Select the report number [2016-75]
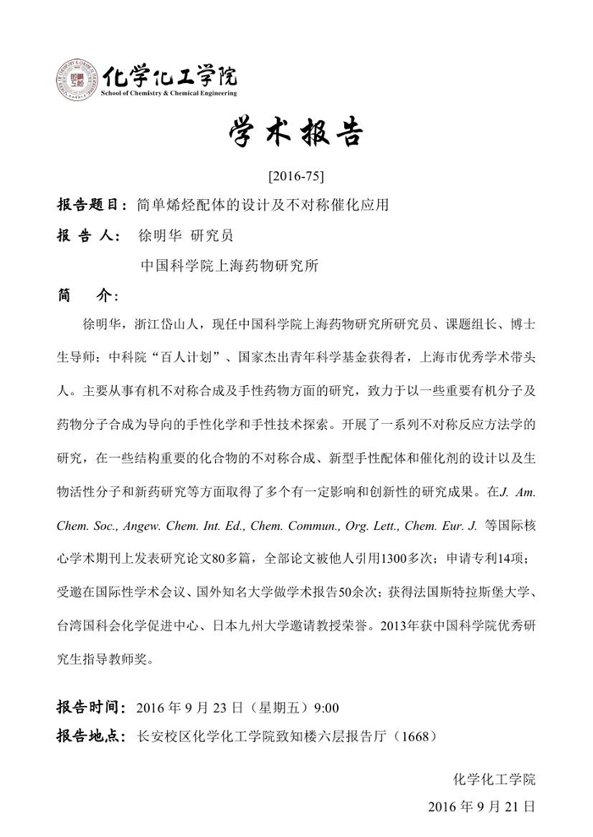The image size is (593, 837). pos(296,178)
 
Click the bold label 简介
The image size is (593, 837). pos(85,296)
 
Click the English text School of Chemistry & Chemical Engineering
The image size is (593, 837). pos(169,93)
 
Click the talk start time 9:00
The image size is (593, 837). pos(327,708)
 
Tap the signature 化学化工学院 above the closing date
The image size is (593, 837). pos(495,779)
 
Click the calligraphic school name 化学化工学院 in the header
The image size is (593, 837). pos(169,75)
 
